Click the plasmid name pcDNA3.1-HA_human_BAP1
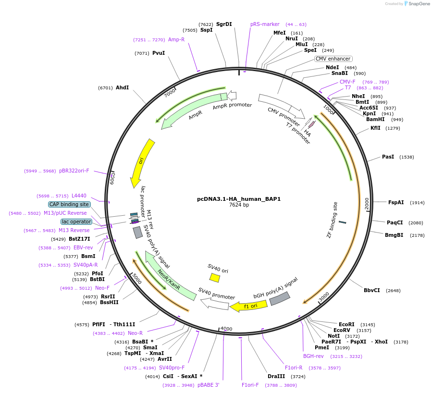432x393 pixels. click(x=239, y=198)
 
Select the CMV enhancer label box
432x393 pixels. click(x=333, y=59)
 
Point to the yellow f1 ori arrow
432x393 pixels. click(x=245, y=306)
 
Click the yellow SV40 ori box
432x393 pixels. click(x=215, y=278)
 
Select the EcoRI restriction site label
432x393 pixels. click(x=346, y=324)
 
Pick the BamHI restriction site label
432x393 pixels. click(x=375, y=119)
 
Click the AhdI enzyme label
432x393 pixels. click(x=123, y=87)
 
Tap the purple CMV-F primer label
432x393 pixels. click(x=347, y=82)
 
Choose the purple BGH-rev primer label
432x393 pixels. click(x=313, y=356)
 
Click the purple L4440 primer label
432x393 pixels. click(x=79, y=196)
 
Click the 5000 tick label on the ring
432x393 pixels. click(x=136, y=279)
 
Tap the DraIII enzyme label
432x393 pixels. click(x=276, y=376)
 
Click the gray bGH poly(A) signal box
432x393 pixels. click(x=280, y=298)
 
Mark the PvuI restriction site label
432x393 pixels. click(x=159, y=53)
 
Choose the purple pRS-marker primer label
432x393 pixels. click(x=265, y=24)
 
